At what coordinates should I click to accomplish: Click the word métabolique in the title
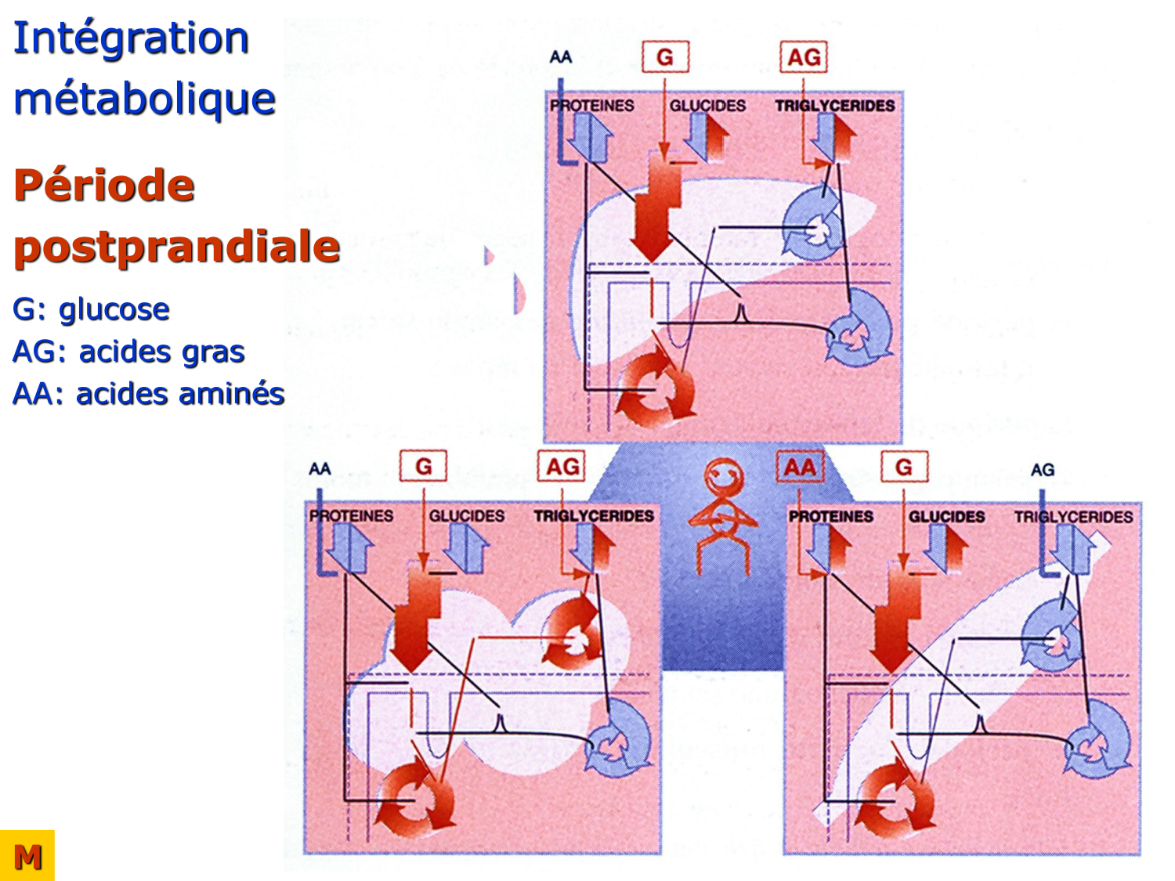(144, 99)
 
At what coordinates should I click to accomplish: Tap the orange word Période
(104, 186)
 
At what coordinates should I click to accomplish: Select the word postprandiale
(177, 247)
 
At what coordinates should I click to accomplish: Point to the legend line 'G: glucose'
(91, 309)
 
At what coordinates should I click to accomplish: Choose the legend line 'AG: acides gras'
(128, 352)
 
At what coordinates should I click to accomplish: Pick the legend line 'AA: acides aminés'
(148, 394)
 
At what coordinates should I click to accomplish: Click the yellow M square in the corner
(27, 856)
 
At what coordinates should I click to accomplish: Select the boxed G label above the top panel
(665, 57)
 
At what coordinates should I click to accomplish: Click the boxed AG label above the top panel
(804, 57)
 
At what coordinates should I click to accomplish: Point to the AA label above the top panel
(561, 57)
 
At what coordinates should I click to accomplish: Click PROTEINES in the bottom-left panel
(351, 516)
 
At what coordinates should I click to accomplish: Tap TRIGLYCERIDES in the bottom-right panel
(1073, 517)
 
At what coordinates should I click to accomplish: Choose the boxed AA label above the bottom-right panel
(800, 468)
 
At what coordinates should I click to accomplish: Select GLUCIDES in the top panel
(707, 106)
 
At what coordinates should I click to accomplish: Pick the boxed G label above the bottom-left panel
(423, 468)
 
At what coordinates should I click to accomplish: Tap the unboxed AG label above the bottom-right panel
(1042, 470)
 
